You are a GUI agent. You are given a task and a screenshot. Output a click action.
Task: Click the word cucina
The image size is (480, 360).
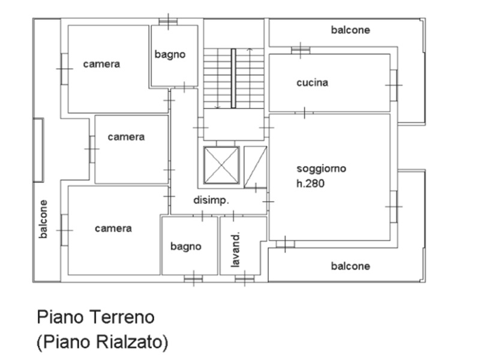312,83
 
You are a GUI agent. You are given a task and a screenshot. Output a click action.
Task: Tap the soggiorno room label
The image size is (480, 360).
322,169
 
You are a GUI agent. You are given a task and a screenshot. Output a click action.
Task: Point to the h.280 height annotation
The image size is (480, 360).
310,184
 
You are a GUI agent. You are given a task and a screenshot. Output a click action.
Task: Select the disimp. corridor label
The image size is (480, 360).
211,200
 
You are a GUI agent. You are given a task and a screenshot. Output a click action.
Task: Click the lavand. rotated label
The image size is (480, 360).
235,250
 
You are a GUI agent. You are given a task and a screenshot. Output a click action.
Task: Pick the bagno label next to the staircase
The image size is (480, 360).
170,55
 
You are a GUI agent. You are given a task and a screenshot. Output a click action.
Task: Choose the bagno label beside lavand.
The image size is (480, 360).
186,247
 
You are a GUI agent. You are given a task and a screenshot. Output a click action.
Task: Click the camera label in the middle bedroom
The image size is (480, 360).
126,137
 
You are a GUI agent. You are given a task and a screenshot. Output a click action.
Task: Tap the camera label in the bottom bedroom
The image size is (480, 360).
113,229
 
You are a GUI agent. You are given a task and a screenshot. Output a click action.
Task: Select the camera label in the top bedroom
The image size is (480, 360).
101,64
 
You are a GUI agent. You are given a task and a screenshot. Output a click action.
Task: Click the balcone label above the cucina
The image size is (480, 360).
350,30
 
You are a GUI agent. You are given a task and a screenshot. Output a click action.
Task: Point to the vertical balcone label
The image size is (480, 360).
43,219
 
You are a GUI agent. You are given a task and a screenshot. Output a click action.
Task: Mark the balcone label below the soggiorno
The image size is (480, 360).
350,266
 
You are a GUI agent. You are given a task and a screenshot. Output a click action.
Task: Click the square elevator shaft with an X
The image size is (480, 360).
221,166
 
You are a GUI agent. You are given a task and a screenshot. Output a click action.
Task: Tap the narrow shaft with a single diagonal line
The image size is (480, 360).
256,167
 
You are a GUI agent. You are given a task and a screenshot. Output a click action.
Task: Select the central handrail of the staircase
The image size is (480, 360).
233,79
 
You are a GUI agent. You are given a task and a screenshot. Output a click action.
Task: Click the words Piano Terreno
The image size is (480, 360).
95,317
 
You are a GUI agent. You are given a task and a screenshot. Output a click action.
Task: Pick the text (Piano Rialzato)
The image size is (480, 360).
102,341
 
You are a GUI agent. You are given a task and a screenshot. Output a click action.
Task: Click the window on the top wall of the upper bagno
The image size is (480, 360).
168,22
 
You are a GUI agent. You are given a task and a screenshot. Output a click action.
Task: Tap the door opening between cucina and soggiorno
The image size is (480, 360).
304,113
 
